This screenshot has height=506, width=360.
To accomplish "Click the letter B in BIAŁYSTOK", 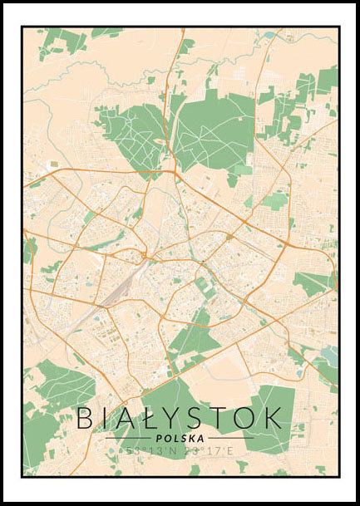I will click(86, 418).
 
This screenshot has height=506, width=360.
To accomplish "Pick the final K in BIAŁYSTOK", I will click(274, 418).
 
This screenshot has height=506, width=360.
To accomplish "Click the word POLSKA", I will click(180, 438).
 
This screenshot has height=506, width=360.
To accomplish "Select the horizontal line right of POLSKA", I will click(230, 438).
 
